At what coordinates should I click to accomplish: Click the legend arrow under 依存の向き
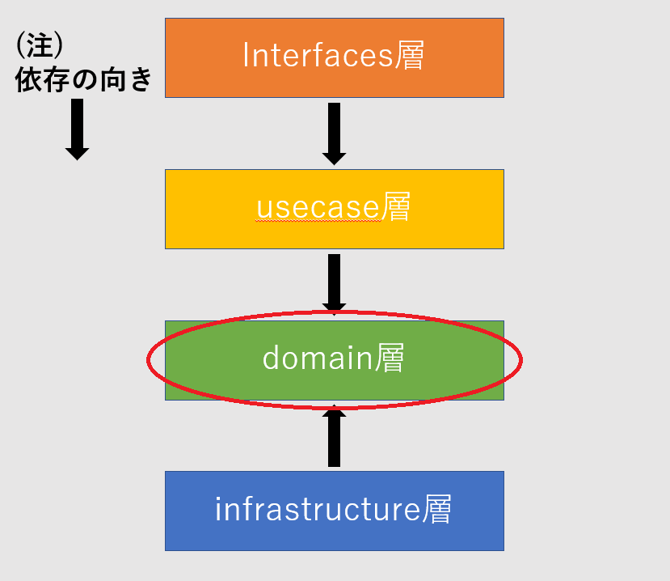[77, 128]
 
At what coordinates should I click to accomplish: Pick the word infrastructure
[317, 510]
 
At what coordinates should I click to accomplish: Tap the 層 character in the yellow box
[395, 208]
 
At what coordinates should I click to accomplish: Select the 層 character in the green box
[389, 358]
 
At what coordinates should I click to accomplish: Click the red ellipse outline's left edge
[147, 359]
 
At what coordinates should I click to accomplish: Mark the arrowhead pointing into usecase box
[334, 158]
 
